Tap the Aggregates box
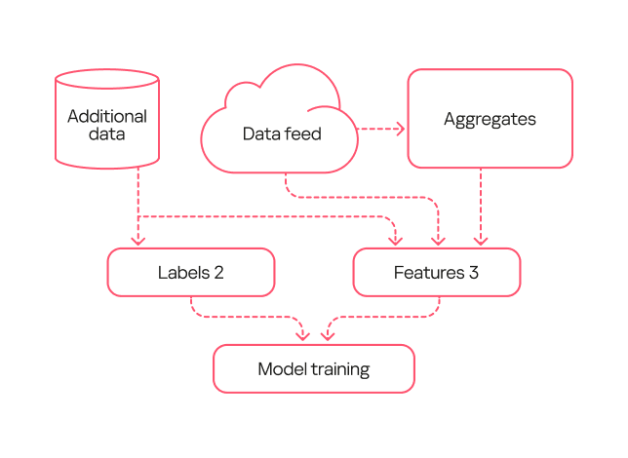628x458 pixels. (490, 119)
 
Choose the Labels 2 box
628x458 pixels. (191, 272)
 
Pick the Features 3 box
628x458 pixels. (436, 272)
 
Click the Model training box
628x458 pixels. (314, 369)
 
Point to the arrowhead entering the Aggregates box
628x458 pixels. (400, 129)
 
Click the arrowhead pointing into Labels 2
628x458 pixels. (138, 240)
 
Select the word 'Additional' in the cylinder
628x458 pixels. (107, 116)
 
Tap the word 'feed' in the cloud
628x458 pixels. (302, 134)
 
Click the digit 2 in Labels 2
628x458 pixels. (219, 273)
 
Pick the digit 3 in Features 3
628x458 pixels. (473, 273)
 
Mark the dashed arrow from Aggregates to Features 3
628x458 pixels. (480, 205)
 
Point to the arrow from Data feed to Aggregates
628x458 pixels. (378, 129)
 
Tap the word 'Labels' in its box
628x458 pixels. (183, 273)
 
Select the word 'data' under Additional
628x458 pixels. (107, 134)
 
